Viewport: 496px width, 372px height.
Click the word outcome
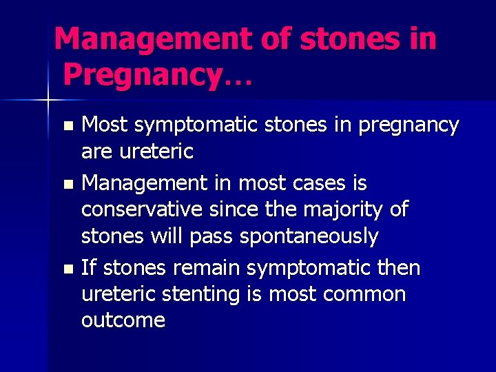point(123,320)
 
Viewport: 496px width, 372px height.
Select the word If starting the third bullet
point(87,267)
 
